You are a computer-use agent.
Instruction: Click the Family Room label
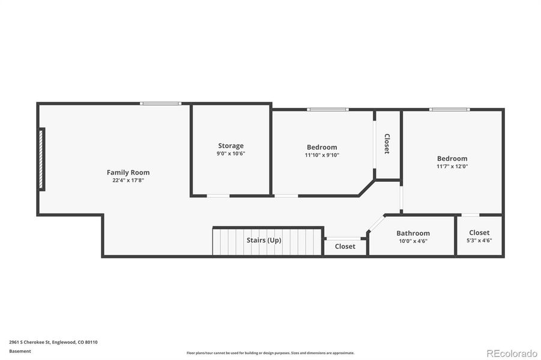(x=128, y=172)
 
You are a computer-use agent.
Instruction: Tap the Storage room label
(x=231, y=146)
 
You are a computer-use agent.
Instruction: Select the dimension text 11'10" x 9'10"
(x=322, y=155)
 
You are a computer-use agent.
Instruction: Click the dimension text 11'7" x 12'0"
(x=452, y=166)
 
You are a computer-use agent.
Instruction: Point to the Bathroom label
(x=413, y=233)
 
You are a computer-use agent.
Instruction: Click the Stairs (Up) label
(x=264, y=240)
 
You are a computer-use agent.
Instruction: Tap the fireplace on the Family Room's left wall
(x=41, y=160)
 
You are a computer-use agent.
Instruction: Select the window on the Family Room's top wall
(x=160, y=104)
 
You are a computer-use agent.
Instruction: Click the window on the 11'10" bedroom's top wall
(x=327, y=110)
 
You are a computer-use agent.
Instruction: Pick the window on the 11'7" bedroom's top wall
(x=449, y=110)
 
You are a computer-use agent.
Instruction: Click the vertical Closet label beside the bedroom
(x=387, y=144)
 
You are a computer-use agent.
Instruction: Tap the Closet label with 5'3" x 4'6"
(x=479, y=233)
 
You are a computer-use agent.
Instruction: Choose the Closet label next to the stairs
(x=345, y=246)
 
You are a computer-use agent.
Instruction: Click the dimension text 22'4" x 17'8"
(x=128, y=180)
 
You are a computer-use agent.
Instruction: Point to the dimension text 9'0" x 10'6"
(x=231, y=154)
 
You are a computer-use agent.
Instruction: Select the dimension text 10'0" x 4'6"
(x=413, y=241)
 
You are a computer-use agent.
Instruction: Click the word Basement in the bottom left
(x=20, y=351)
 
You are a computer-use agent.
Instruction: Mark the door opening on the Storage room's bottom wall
(x=218, y=196)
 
